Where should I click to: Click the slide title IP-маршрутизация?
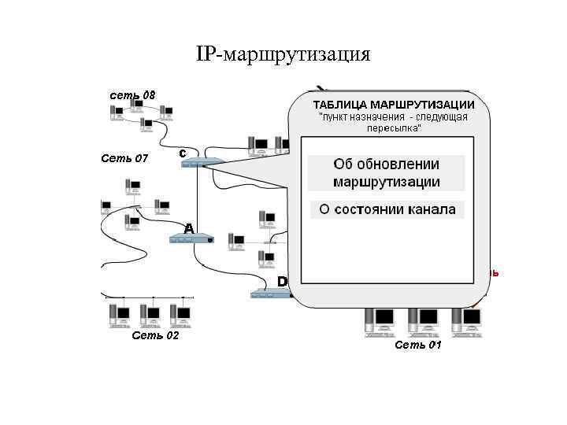(x=283, y=54)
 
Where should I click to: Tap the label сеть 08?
(x=132, y=95)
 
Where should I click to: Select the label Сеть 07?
(x=124, y=158)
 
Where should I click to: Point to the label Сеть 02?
(x=155, y=335)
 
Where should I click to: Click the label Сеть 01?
(x=417, y=345)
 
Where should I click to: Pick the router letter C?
(x=182, y=152)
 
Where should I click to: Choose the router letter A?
(x=188, y=227)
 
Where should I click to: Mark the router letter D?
(x=282, y=281)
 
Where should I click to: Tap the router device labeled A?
(x=191, y=238)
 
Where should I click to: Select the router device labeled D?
(x=270, y=294)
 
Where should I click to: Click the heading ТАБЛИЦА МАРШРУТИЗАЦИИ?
(x=393, y=105)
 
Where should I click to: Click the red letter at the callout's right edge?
(x=493, y=273)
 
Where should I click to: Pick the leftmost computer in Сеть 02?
(x=119, y=313)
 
